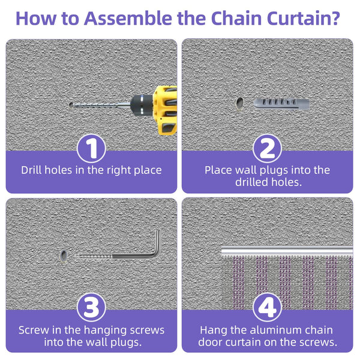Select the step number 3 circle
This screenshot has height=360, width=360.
click(91, 308)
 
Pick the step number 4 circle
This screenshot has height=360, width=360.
click(268, 308)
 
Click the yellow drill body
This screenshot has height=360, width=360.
click(166, 108)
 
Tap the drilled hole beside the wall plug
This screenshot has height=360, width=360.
click(239, 103)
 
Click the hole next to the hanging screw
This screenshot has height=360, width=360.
click(63, 257)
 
